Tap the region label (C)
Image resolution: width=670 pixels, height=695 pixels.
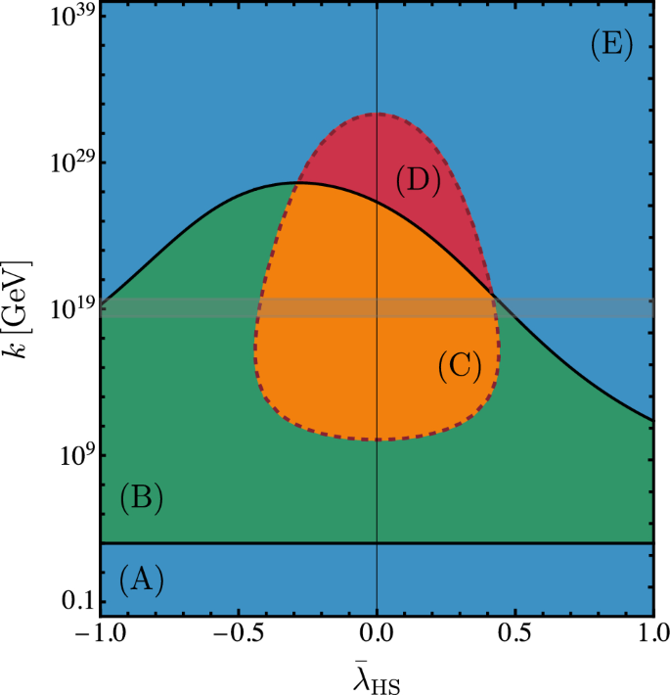459,365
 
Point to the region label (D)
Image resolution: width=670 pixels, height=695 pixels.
419,180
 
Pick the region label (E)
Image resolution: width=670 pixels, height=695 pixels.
613,45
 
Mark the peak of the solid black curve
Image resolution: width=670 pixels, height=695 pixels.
295,183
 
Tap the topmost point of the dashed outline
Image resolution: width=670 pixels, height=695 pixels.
377,114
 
